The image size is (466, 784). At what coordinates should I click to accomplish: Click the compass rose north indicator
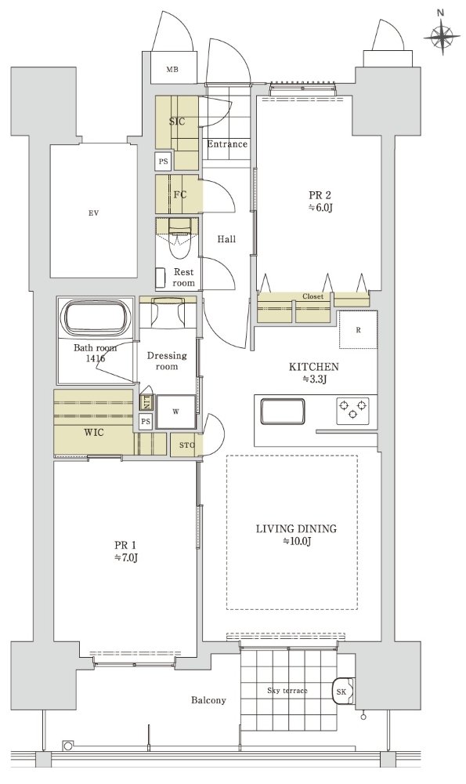pos(442,35)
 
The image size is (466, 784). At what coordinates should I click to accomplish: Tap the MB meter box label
pos(172,70)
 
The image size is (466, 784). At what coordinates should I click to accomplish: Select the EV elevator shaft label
pos(93,213)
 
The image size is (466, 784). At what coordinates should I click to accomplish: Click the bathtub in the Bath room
pos(96,318)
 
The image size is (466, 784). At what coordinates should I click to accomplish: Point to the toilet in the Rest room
pos(178,239)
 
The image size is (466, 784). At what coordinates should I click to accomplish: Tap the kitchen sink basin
pos(282,411)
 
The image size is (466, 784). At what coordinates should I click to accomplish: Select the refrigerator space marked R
pos(358,329)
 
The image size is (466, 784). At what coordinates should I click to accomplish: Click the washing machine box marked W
pos(175,412)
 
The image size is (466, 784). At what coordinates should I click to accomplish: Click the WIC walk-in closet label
pos(94,432)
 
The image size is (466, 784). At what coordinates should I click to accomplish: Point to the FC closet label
pos(180,194)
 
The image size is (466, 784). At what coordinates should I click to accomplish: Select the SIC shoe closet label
pos(177,122)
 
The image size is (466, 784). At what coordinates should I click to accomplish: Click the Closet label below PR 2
pos(312,296)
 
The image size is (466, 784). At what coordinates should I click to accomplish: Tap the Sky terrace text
pos(287,691)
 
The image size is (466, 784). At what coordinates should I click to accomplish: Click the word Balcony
pos(208,700)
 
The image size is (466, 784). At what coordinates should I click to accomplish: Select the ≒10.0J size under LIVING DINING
pos(297,541)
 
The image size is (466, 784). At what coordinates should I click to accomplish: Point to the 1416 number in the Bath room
pos(96,358)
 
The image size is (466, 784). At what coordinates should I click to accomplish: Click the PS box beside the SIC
pos(164,162)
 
